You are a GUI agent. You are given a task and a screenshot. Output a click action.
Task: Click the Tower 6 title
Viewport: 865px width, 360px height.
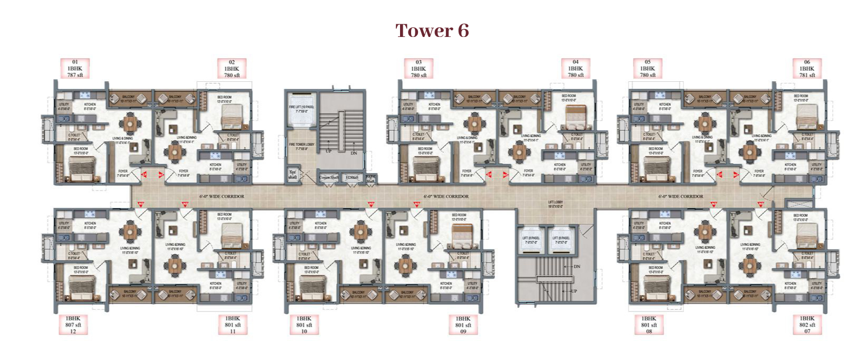pyautogui.click(x=432, y=31)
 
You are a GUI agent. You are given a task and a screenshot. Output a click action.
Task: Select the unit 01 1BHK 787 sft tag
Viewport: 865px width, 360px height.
pyautogui.click(x=75, y=69)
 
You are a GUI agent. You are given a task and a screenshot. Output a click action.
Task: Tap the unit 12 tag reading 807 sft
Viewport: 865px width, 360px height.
pyautogui.click(x=73, y=325)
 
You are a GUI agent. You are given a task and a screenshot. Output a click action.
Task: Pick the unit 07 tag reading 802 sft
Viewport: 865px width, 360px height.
pyautogui.click(x=807, y=325)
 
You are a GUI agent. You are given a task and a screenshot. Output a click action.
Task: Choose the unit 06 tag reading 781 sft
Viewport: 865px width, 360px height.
pyautogui.click(x=807, y=69)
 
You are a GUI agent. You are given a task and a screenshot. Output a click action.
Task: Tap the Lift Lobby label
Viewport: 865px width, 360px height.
pyautogui.click(x=555, y=204)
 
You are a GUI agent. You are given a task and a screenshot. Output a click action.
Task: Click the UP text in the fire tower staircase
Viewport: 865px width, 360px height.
pyautogui.click(x=329, y=151)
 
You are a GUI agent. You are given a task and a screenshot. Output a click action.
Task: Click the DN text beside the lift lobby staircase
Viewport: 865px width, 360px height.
pyautogui.click(x=576, y=267)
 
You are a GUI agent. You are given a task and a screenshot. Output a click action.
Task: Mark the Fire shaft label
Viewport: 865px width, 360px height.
pyautogui.click(x=292, y=175)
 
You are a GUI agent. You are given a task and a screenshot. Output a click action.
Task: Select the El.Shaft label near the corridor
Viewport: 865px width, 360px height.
pyautogui.click(x=351, y=178)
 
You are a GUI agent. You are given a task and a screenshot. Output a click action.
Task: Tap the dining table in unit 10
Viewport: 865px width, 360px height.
pyautogui.click(x=360, y=231)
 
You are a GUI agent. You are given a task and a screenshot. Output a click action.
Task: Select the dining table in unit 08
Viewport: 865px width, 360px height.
pyautogui.click(x=705, y=231)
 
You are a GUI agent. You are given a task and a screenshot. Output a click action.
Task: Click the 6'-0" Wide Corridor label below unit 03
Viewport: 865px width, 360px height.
pyautogui.click(x=446, y=196)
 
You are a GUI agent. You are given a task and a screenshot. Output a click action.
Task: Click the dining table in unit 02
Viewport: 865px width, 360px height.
pyautogui.click(x=175, y=153)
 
